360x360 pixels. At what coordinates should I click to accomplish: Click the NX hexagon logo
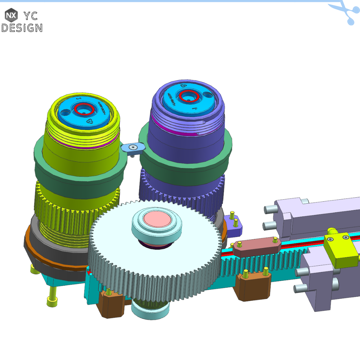tap(11, 15)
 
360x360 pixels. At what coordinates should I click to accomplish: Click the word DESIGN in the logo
tap(22, 28)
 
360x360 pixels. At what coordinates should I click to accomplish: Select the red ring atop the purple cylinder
tap(189, 96)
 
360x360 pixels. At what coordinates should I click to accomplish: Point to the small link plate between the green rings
tap(133, 147)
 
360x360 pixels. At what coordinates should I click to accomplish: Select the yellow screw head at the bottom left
tap(52, 302)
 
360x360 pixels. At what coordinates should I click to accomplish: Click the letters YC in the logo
tap(30, 15)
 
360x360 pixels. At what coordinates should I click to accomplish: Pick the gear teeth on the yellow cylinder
tap(67, 203)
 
